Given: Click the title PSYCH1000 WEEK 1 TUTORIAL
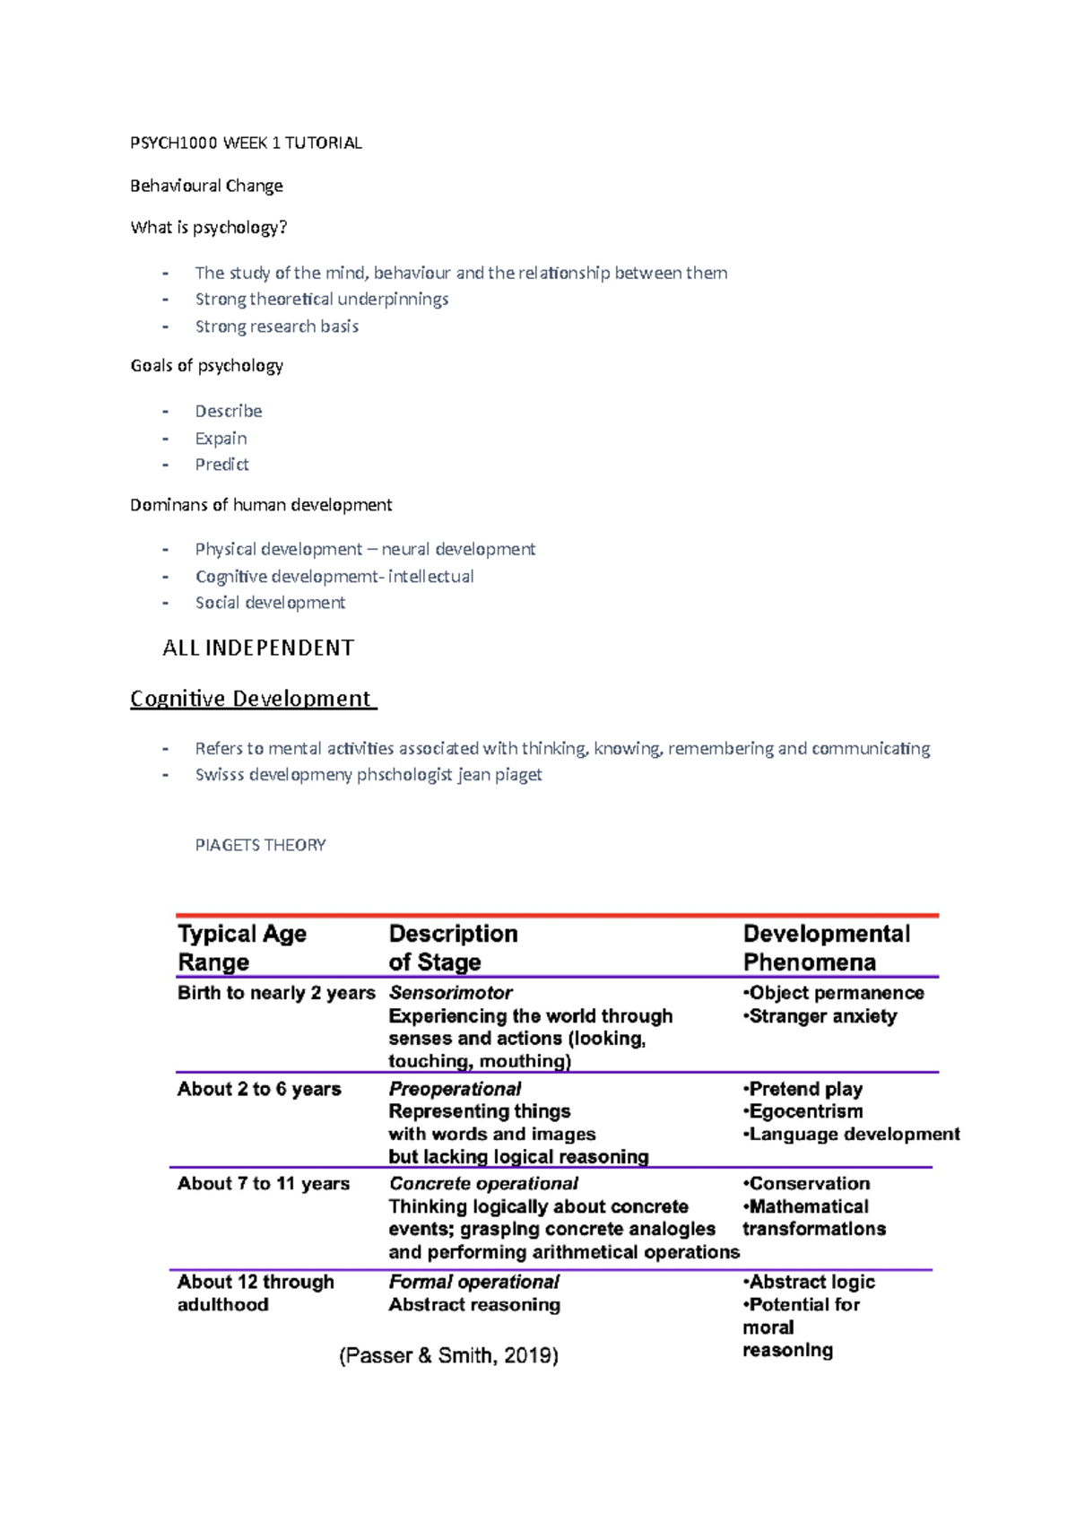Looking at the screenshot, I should [x=246, y=143].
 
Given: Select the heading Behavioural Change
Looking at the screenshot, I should [x=206, y=186].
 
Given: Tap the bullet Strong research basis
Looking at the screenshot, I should [x=276, y=326].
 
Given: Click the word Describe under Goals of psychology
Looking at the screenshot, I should [x=229, y=411].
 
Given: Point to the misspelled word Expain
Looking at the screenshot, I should [x=221, y=439].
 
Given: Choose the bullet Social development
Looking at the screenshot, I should [x=270, y=603].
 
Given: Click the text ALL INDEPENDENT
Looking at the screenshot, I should [x=258, y=648].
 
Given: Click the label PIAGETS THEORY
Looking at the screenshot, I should [x=260, y=845].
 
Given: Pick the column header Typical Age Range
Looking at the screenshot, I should [x=242, y=947].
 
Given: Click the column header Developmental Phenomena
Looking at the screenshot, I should [x=826, y=947].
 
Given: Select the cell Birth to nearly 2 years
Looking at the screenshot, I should [x=276, y=993].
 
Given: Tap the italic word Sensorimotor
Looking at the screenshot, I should [x=450, y=993].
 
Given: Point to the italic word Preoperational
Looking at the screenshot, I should [x=455, y=1089].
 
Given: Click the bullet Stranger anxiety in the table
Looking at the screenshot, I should [x=821, y=1016].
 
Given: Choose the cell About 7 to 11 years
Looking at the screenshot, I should [x=263, y=1184].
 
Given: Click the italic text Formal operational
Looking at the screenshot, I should [x=473, y=1282].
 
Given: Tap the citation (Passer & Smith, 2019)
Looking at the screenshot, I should [x=448, y=1355].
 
